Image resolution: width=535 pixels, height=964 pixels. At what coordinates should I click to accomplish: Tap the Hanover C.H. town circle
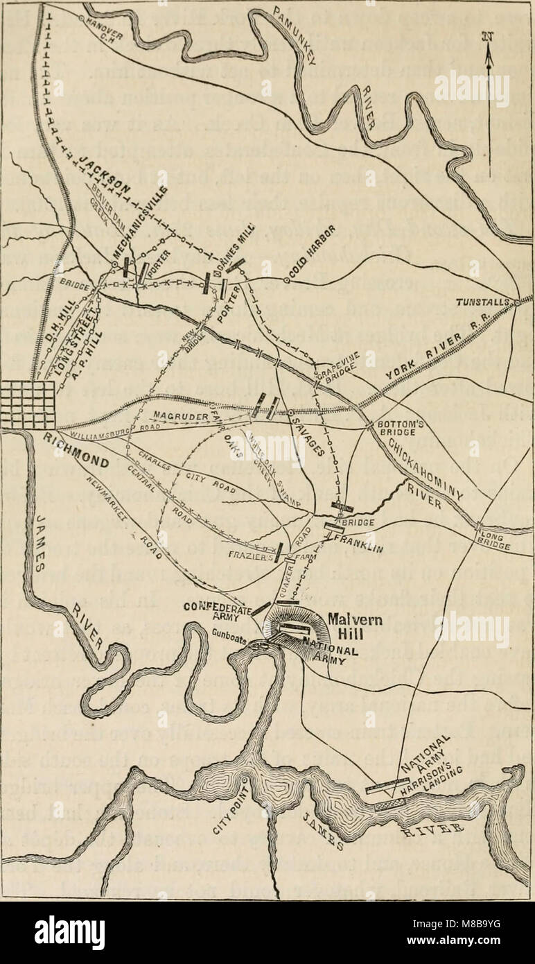(x=82, y=16)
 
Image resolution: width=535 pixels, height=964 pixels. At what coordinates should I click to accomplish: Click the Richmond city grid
(x=28, y=405)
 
